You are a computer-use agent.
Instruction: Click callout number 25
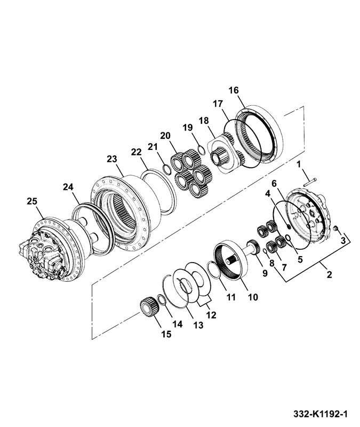point(32,201)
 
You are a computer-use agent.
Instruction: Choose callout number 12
point(211,315)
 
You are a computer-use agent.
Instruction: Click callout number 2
point(329,275)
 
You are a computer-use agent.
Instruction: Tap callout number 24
point(67,187)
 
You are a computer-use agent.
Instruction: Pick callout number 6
point(275,183)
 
